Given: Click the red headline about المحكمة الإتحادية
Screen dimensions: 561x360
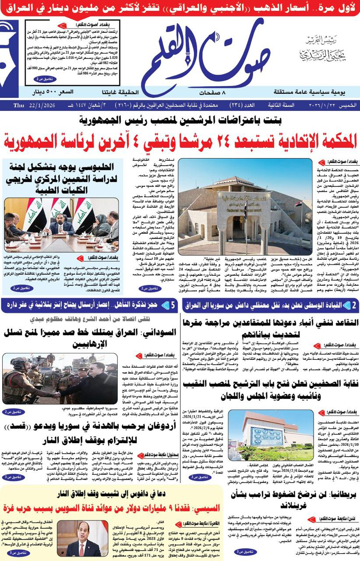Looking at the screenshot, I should click(x=180, y=141).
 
